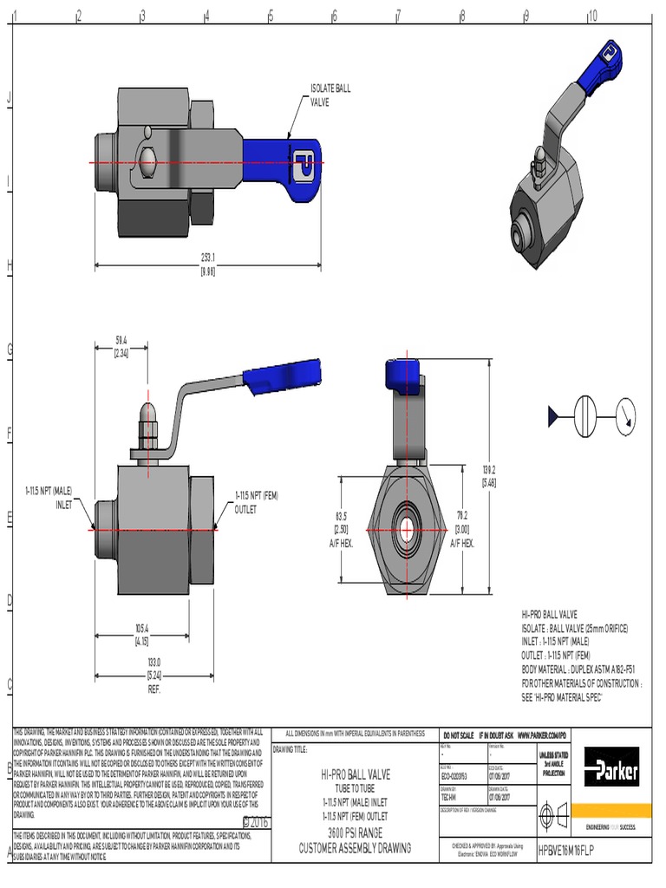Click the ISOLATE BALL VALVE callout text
pos(330,95)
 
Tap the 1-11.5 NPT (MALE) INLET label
pos(55,498)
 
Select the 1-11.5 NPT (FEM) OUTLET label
pos(256,502)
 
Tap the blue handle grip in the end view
pos(403,373)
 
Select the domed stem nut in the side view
pos(149,417)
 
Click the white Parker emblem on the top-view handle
pos(304,161)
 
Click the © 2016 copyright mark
pos(255,821)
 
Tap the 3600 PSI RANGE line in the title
pos(356,832)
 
